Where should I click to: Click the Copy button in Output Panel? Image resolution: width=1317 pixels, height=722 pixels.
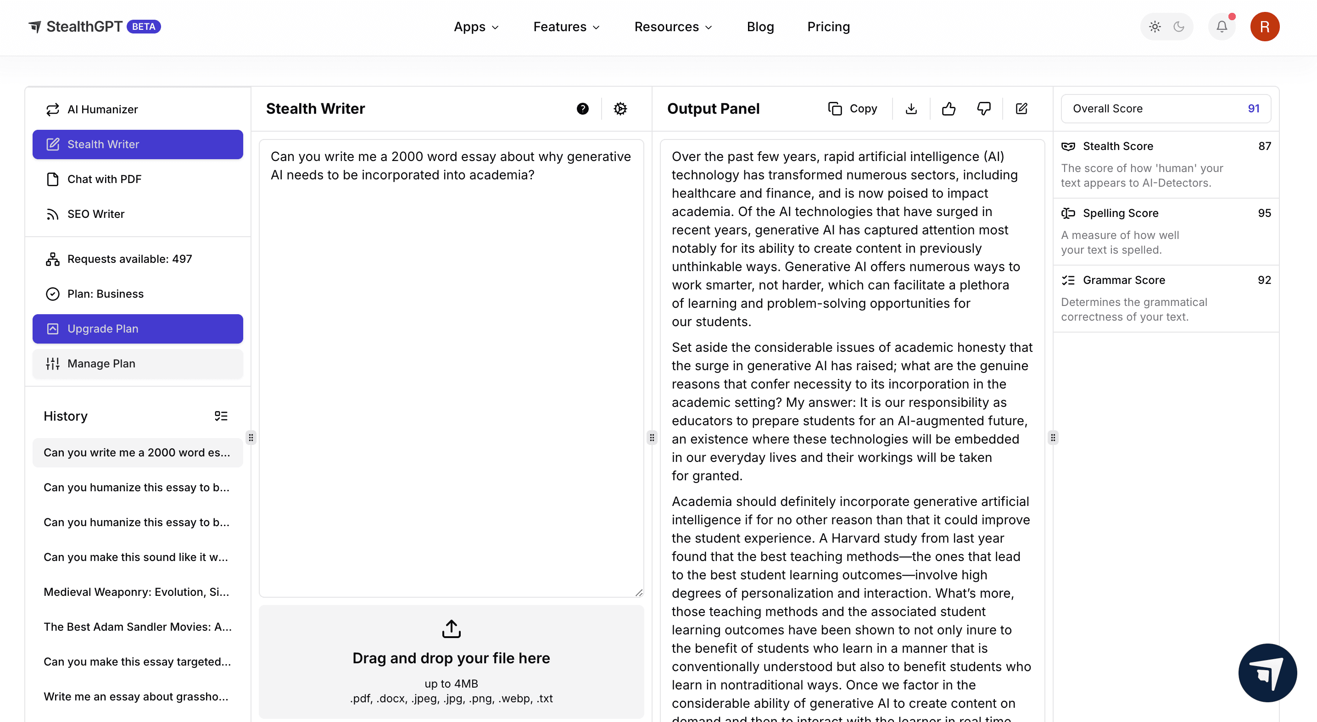pyautogui.click(x=853, y=109)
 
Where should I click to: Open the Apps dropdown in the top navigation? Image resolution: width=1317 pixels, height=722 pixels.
pyautogui.click(x=476, y=27)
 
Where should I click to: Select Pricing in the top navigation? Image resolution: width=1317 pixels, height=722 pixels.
pyautogui.click(x=828, y=27)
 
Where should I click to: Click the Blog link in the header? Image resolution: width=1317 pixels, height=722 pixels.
pyautogui.click(x=760, y=27)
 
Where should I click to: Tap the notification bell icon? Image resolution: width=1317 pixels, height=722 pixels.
pyautogui.click(x=1222, y=27)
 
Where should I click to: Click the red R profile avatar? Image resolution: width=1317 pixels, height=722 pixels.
pyautogui.click(x=1264, y=27)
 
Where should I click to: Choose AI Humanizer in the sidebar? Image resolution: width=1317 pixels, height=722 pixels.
pyautogui.click(x=102, y=109)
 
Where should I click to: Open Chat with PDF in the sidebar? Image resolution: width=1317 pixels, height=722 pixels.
pyautogui.click(x=104, y=179)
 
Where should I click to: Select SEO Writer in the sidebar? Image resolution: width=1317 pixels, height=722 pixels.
pyautogui.click(x=95, y=214)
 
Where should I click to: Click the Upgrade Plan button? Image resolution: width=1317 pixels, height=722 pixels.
pyautogui.click(x=138, y=328)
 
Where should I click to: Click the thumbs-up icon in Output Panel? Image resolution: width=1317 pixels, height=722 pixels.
pyautogui.click(x=949, y=109)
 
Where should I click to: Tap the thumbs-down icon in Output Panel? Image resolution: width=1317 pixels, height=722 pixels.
pyautogui.click(x=984, y=109)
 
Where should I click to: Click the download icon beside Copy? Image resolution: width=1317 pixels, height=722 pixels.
pyautogui.click(x=911, y=109)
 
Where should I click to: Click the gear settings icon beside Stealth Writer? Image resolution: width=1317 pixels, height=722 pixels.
pyautogui.click(x=620, y=109)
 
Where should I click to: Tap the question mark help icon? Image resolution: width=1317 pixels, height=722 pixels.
pyautogui.click(x=582, y=109)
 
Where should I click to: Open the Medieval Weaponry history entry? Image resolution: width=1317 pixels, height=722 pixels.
pyautogui.click(x=136, y=592)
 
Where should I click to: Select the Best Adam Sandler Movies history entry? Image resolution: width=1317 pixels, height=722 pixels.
pyautogui.click(x=138, y=627)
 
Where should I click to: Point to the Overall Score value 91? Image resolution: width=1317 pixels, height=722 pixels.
pyautogui.click(x=1253, y=108)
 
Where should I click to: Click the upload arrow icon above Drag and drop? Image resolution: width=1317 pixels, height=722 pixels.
pyautogui.click(x=451, y=629)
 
